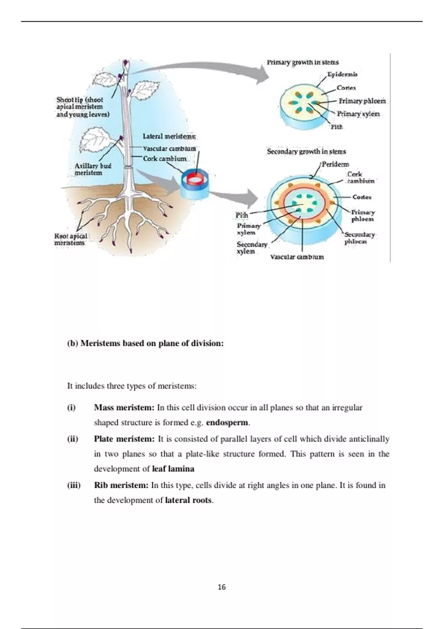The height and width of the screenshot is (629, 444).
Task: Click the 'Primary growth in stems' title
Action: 303,63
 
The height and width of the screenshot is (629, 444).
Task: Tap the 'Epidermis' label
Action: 343,74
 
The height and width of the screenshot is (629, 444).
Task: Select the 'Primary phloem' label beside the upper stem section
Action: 362,101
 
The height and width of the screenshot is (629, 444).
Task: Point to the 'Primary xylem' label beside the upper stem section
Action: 358,114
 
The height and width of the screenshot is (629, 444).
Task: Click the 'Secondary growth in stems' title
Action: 306,152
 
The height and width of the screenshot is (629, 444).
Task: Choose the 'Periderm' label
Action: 335,164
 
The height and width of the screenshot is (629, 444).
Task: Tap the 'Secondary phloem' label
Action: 359,238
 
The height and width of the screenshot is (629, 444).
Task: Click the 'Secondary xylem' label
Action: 252,248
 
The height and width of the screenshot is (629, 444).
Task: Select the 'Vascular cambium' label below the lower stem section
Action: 297,257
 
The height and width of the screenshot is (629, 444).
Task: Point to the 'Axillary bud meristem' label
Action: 92,169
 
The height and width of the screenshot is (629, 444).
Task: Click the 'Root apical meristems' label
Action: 70,239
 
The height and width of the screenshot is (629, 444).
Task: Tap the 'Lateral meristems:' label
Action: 169,137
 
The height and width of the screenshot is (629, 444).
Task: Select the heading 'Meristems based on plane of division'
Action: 145,343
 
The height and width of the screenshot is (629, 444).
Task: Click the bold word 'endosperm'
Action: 228,423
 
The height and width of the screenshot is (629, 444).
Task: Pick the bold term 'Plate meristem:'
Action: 124,439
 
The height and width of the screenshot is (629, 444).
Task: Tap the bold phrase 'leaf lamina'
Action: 173,469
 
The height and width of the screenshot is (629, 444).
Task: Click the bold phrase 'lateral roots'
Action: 189,501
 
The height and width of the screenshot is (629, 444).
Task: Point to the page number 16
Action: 222,587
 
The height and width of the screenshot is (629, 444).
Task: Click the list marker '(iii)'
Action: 74,485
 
